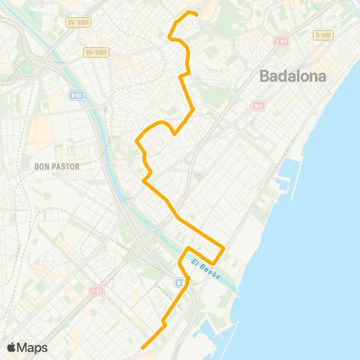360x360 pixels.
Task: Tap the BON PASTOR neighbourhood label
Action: [x=57, y=166]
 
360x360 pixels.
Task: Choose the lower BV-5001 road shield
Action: [x=97, y=52]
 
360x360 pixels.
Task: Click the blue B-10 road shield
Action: [x=75, y=95]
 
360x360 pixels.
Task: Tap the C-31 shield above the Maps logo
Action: [x=96, y=290]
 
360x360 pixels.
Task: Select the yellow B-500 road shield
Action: [x=322, y=35]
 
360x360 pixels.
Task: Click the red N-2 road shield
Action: [x=257, y=106]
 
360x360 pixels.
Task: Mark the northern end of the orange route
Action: [x=196, y=14]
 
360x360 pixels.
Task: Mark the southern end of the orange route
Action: [x=142, y=346]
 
